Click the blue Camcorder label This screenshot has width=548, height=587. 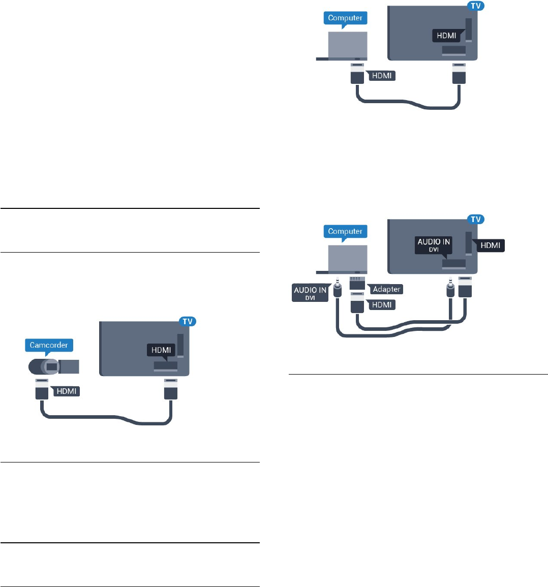coord(48,345)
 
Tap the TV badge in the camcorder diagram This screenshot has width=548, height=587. coord(188,321)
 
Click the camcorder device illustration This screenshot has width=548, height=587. coord(53,366)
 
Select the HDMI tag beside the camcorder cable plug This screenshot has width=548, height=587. coord(66,391)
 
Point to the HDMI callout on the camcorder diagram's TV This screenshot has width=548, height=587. coord(161,350)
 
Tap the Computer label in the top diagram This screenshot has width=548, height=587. coord(345,18)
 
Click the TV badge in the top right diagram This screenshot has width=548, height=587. coord(475,6)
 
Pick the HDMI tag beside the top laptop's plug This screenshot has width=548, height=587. coord(381,76)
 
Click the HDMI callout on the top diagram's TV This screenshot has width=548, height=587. coord(446,36)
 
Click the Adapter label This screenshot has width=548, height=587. coord(386,289)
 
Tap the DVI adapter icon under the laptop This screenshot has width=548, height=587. coord(357,283)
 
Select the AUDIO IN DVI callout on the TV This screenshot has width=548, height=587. coord(434,244)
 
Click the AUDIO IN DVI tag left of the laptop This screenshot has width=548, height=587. coord(310,293)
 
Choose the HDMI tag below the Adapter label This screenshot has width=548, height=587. coord(381,305)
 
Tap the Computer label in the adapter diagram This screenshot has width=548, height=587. coord(345,231)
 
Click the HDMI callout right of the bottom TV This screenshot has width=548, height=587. coord(490,245)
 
